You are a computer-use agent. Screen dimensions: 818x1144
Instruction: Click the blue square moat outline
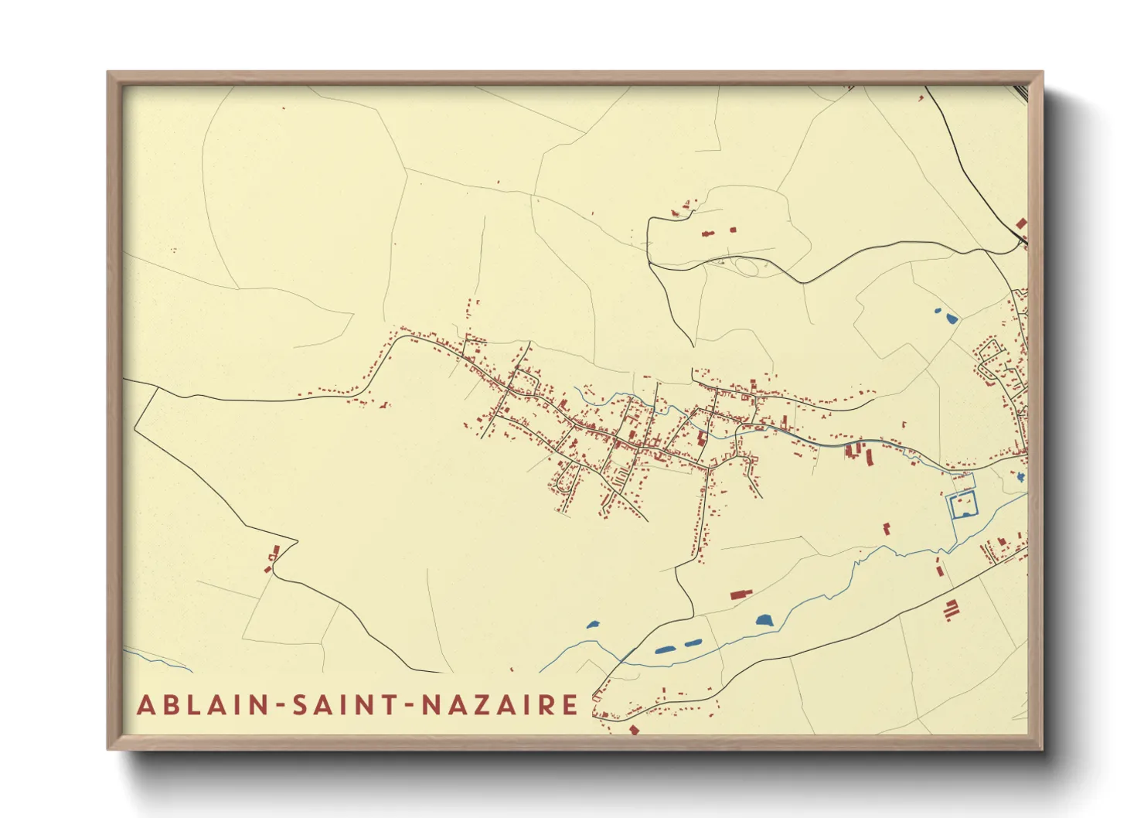[x=963, y=506]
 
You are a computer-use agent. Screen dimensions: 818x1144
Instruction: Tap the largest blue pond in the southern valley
[x=764, y=620]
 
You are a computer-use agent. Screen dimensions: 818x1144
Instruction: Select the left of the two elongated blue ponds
[x=666, y=649]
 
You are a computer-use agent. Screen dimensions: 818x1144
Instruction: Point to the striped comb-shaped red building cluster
[x=951, y=608]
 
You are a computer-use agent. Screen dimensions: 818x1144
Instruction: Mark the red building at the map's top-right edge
[x=1020, y=223]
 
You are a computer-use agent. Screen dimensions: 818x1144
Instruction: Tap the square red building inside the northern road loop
[x=733, y=230]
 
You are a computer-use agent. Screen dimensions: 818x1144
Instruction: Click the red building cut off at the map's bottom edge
[x=634, y=729]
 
